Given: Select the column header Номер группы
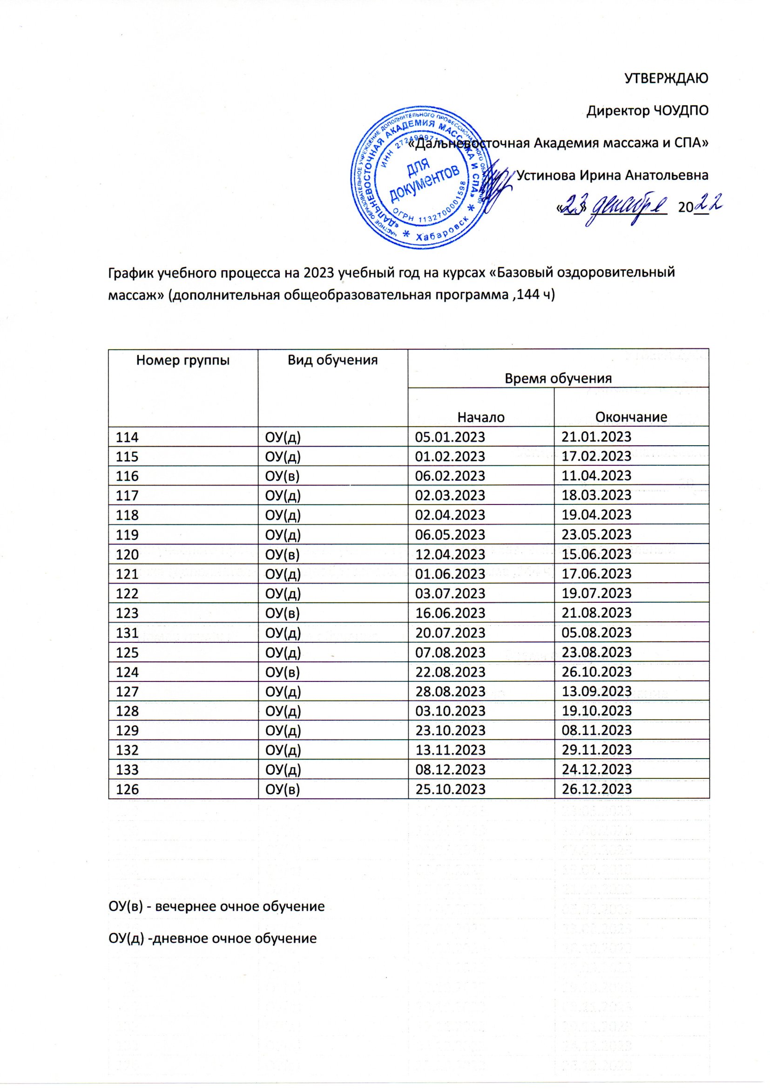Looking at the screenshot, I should pyautogui.click(x=183, y=361).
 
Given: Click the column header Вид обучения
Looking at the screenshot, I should pyautogui.click(x=333, y=361).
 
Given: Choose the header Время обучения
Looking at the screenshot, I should pyautogui.click(x=558, y=378).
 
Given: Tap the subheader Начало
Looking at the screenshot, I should pyautogui.click(x=481, y=417).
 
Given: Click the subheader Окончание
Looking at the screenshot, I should pyautogui.click(x=631, y=417).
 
